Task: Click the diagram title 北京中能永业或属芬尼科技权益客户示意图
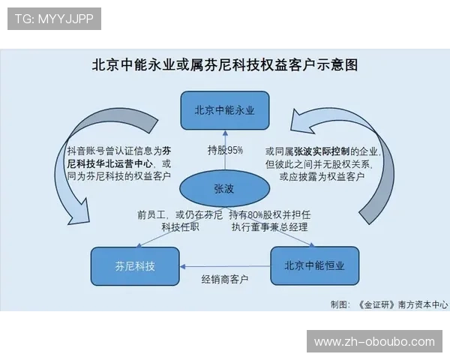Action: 225,64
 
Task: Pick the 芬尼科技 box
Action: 136,265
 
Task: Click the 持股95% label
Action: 225,150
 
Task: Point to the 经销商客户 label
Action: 225,279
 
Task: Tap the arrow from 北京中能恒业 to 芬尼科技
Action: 225,265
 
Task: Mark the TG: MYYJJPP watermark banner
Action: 53,19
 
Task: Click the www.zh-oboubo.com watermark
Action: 374,342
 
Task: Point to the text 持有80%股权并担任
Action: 269,214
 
